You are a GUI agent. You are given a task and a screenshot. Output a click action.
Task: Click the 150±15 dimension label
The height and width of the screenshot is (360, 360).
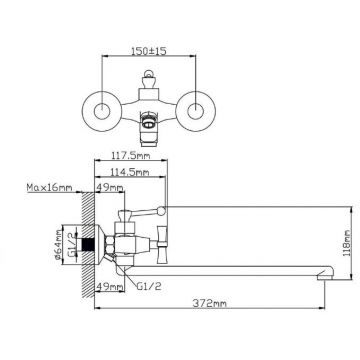(x=149, y=51)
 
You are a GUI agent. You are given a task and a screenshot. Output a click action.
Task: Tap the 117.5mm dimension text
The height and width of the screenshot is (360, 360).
(x=131, y=155)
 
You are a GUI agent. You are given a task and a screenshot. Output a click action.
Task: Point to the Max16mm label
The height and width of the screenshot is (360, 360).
(x=49, y=188)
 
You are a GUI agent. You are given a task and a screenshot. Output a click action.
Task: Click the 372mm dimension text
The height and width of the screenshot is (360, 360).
(x=210, y=303)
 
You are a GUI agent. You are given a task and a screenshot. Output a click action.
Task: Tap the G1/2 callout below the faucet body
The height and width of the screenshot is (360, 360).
(x=149, y=286)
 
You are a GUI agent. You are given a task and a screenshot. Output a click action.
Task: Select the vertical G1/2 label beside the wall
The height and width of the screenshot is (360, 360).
(x=71, y=245)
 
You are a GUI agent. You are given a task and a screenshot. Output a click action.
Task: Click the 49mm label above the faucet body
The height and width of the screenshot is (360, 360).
(x=109, y=188)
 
